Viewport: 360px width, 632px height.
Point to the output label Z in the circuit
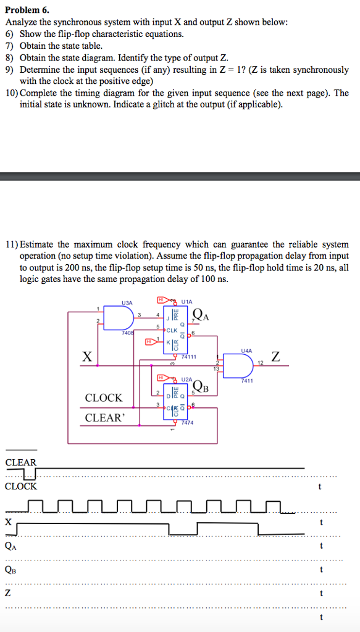[x=275, y=356]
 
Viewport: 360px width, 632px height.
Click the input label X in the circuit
[x=88, y=356]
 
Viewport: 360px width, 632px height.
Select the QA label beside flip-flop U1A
[x=201, y=315]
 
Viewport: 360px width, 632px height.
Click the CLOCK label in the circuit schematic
[x=104, y=398]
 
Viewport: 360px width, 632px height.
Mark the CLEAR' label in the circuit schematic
[x=104, y=418]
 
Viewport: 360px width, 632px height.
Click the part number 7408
[x=128, y=333]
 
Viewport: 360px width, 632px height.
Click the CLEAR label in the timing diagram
[x=21, y=462]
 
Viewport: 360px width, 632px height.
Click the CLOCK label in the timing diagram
[x=21, y=486]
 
